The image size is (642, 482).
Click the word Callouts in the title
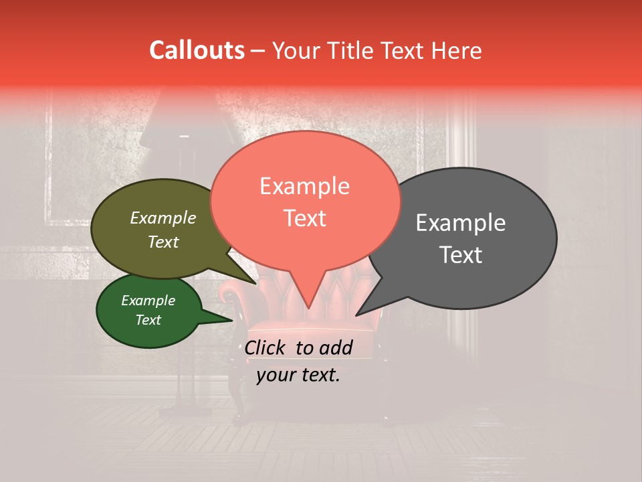pyautogui.click(x=197, y=50)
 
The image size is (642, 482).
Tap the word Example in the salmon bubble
pyautogui.click(x=304, y=186)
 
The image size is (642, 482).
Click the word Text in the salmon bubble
pyautogui.click(x=304, y=218)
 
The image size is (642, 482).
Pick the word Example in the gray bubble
pyautogui.click(x=460, y=223)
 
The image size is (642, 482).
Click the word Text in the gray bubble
pyautogui.click(x=460, y=255)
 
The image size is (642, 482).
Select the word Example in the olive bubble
pyautogui.click(x=163, y=218)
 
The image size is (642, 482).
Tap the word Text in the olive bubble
pyautogui.click(x=163, y=242)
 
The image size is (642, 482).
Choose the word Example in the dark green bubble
pyautogui.click(x=148, y=301)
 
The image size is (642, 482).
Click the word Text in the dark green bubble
pyautogui.click(x=148, y=320)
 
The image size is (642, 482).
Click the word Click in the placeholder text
pyautogui.click(x=267, y=347)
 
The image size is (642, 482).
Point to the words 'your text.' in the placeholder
pyautogui.click(x=298, y=376)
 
